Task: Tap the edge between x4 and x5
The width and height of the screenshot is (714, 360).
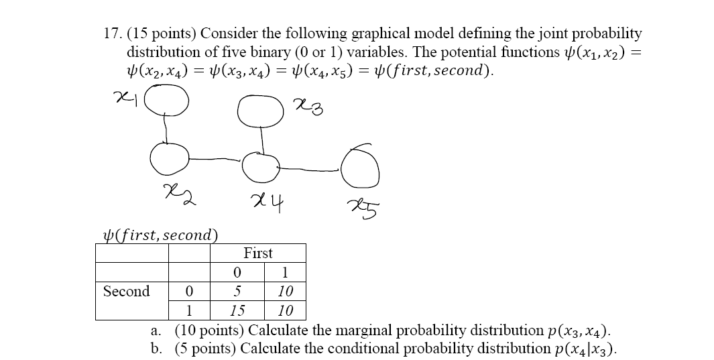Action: coord(310,164)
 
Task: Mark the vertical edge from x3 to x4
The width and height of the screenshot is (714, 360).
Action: coord(262,139)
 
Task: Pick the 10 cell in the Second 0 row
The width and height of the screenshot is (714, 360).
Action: coord(285,292)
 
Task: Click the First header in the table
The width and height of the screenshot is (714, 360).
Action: coord(258,253)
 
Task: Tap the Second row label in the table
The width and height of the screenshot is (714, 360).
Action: coord(127,292)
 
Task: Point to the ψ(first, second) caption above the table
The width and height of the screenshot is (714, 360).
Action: coord(158,235)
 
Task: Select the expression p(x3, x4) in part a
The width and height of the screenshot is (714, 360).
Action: coord(577,331)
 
